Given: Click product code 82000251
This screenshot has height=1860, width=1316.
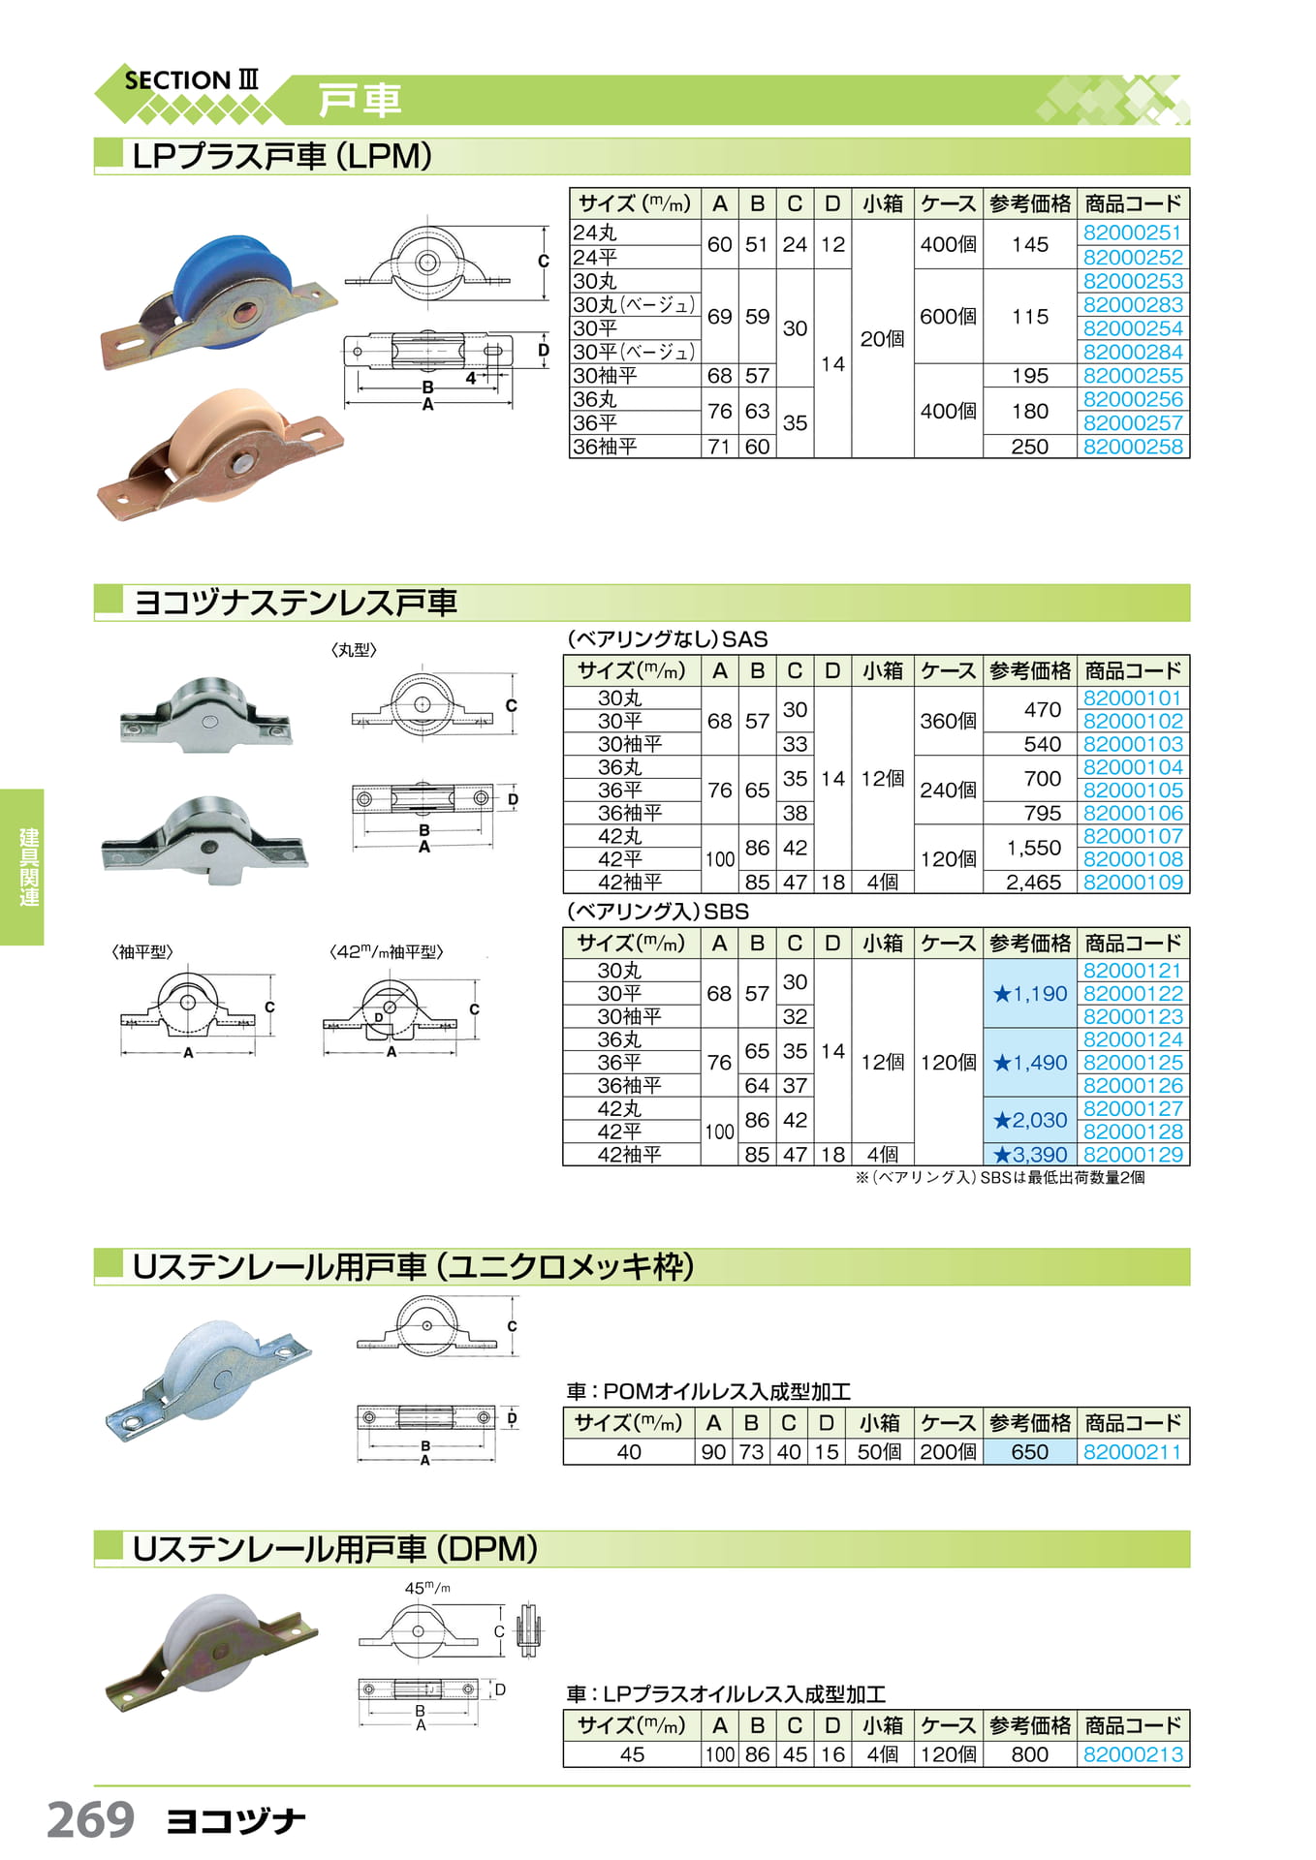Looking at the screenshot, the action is pos(1132,232).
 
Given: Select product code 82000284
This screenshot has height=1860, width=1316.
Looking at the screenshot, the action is pos(1132,352).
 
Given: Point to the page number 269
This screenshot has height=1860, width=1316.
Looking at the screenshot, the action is pos(91,1819).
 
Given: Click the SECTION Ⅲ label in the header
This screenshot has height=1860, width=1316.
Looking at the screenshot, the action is pos(192,80).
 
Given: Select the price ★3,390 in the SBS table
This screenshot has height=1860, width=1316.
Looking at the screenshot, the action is pos(1029,1155).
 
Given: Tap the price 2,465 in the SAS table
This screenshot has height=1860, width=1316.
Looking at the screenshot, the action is pos(1033,883).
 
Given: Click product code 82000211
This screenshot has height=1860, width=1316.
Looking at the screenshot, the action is pos(1132,1452).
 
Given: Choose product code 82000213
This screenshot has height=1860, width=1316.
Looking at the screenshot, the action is pos(1132,1754).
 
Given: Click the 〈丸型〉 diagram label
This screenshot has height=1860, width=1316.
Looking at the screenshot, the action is pos(354,650).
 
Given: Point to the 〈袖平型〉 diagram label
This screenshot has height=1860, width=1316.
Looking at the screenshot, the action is pos(142,952).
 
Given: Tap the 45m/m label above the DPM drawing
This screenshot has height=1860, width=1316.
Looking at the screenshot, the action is pos(427,1589).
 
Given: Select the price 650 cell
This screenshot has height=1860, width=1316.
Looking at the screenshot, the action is pos(1029,1452).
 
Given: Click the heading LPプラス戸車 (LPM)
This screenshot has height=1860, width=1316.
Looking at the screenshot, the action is pos(282,156).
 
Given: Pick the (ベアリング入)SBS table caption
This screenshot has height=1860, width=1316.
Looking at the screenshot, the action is pos(658,912).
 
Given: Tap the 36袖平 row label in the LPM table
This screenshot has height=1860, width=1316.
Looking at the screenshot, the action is pos(605,447).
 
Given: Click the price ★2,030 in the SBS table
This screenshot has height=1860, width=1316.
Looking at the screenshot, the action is pos(1029,1120).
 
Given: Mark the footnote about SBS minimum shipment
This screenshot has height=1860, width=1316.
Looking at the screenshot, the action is pos(999,1178).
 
